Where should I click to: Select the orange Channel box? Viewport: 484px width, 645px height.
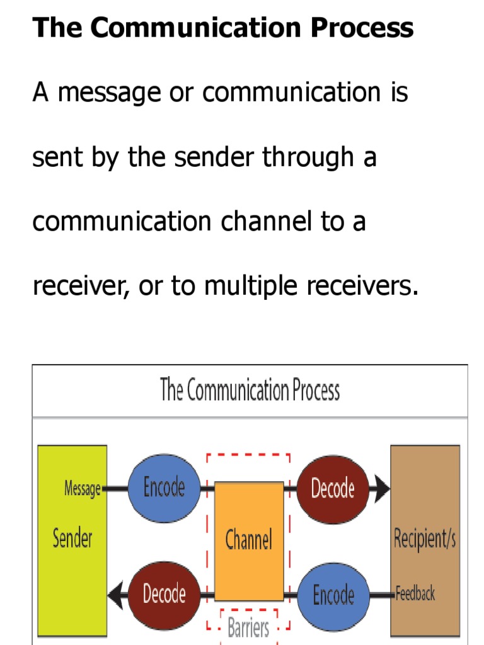tap(249, 540)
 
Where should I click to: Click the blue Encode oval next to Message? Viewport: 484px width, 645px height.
tap(164, 488)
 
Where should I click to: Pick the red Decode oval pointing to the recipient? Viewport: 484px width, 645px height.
tap(333, 488)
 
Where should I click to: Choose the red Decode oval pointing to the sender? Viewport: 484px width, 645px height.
tap(164, 593)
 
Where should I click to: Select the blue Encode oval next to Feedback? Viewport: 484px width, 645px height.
tap(333, 594)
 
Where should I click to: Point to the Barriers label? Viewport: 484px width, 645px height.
tap(248, 628)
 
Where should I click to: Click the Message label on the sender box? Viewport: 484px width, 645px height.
tap(83, 488)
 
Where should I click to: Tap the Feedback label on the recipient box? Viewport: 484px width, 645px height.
tap(415, 593)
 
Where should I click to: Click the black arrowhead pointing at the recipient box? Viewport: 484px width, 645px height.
tap(380, 488)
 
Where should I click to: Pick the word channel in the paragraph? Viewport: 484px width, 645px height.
tap(265, 222)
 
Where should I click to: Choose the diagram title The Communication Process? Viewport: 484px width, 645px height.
tap(250, 391)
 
